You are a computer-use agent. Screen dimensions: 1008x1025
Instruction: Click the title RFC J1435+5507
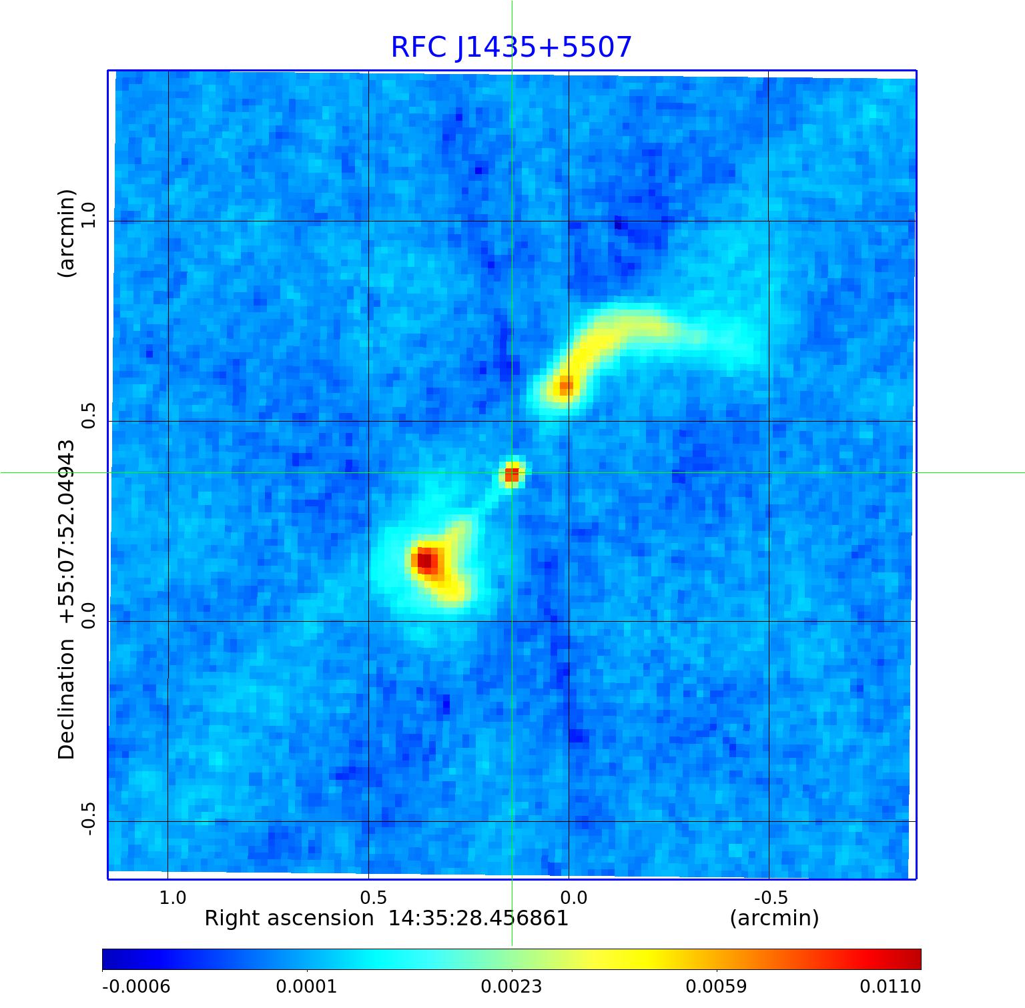pyautogui.click(x=511, y=47)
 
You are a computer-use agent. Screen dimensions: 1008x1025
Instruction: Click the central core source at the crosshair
pyautogui.click(x=512, y=474)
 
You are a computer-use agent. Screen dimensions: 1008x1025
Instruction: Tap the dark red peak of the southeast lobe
pyautogui.click(x=424, y=560)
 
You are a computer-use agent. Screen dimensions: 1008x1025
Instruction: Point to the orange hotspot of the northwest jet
pyautogui.click(x=565, y=386)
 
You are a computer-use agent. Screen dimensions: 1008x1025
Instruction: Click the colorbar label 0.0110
pyautogui.click(x=890, y=987)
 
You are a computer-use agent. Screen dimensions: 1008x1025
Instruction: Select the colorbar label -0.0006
pyautogui.click(x=136, y=987)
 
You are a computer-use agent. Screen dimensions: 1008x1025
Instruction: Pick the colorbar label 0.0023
pyautogui.click(x=512, y=987)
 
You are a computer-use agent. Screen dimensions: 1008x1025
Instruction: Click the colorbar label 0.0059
pyautogui.click(x=717, y=987)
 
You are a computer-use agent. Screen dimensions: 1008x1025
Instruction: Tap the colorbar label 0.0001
pyautogui.click(x=307, y=987)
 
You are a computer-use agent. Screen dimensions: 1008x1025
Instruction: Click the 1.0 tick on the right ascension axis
pyautogui.click(x=173, y=898)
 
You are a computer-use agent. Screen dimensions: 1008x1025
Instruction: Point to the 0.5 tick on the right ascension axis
pyautogui.click(x=374, y=898)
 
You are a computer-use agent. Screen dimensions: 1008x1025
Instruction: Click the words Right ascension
pyautogui.click(x=288, y=919)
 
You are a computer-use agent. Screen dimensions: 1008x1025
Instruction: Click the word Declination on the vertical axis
pyautogui.click(x=67, y=699)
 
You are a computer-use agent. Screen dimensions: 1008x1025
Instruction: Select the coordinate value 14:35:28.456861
pyautogui.click(x=478, y=919)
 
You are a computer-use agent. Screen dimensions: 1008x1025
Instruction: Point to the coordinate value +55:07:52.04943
pyautogui.click(x=67, y=532)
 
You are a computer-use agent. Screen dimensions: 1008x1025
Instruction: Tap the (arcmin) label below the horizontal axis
pyautogui.click(x=774, y=919)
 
